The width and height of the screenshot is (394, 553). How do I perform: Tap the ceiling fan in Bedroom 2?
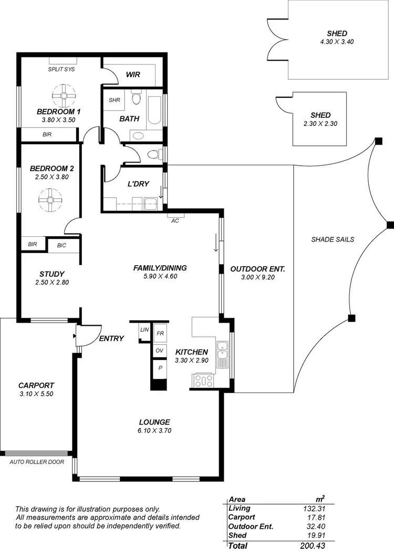(x=50, y=200)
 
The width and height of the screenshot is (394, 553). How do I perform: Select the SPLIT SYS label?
(x=61, y=69)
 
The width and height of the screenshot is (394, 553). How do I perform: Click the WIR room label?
(x=133, y=75)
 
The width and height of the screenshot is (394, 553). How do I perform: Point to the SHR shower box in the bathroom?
(x=115, y=100)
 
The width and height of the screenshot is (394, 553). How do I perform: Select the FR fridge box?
(x=160, y=333)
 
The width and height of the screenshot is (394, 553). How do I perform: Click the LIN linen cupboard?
(x=144, y=330)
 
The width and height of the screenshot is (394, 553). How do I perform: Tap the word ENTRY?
(x=111, y=338)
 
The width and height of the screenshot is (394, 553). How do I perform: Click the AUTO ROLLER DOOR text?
(x=37, y=462)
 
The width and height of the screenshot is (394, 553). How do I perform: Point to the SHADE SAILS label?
(x=333, y=239)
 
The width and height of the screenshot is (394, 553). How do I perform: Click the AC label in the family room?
(x=175, y=220)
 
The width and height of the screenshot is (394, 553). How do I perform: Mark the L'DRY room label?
(x=139, y=184)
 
